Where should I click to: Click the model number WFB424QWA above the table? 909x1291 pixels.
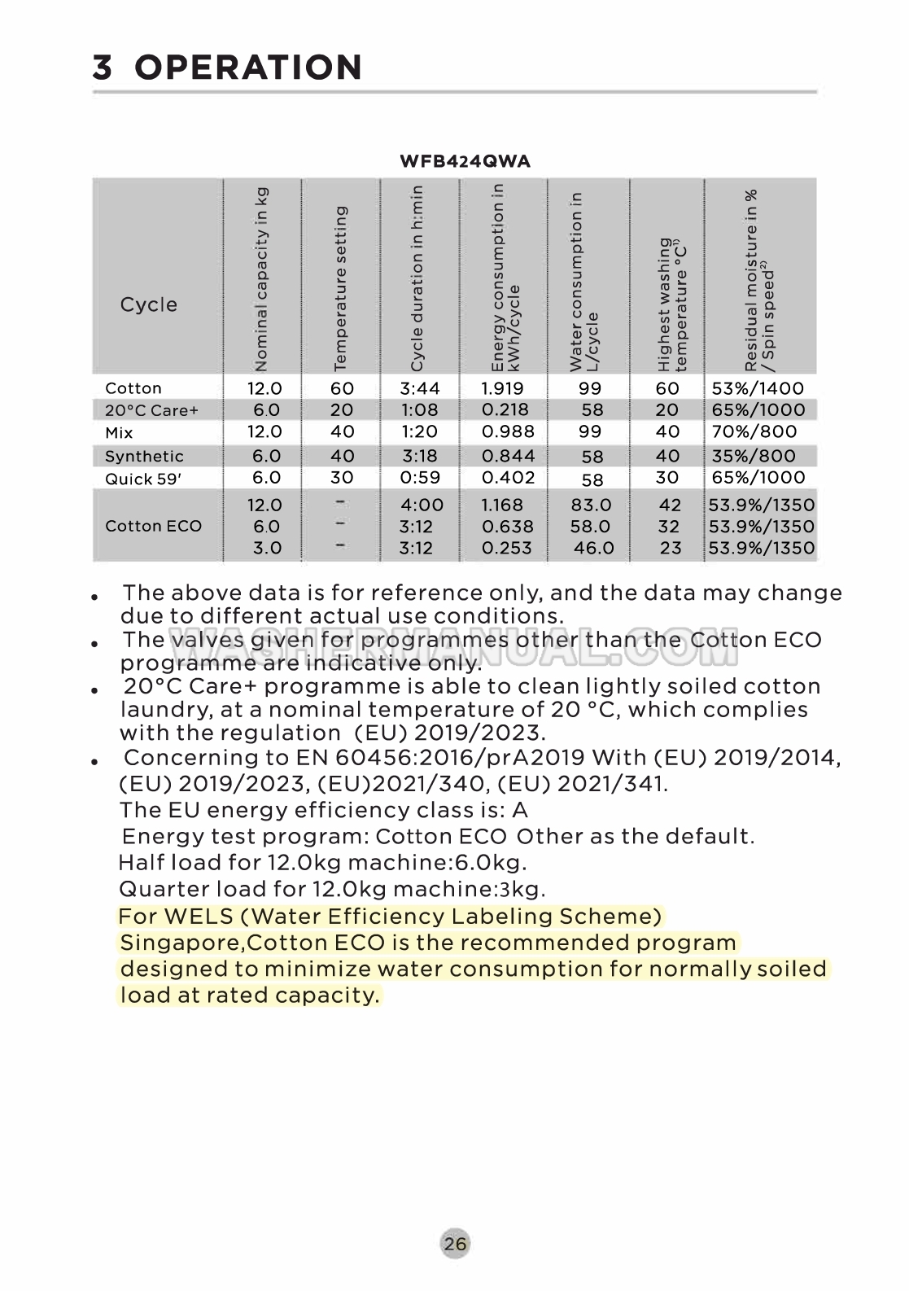(x=465, y=161)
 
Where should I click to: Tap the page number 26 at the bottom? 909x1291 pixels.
(x=456, y=1243)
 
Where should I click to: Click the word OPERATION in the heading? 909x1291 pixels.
(x=248, y=68)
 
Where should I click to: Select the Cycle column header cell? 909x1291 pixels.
(x=148, y=304)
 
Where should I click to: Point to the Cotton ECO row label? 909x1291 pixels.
(x=153, y=526)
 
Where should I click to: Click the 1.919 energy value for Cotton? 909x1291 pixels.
(x=502, y=388)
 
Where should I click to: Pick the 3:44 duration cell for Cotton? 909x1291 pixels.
(x=419, y=388)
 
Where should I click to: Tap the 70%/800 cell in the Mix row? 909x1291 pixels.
(x=754, y=431)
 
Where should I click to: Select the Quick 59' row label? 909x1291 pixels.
(x=143, y=479)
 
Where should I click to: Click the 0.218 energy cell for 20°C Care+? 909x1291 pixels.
(x=505, y=409)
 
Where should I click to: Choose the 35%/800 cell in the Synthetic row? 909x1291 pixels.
(x=754, y=456)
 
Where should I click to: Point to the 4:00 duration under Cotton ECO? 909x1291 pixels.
(x=422, y=505)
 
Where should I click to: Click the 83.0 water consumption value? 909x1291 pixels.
(x=591, y=505)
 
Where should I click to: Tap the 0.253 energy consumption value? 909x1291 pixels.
(x=506, y=548)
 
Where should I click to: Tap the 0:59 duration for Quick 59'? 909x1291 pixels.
(x=419, y=478)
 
